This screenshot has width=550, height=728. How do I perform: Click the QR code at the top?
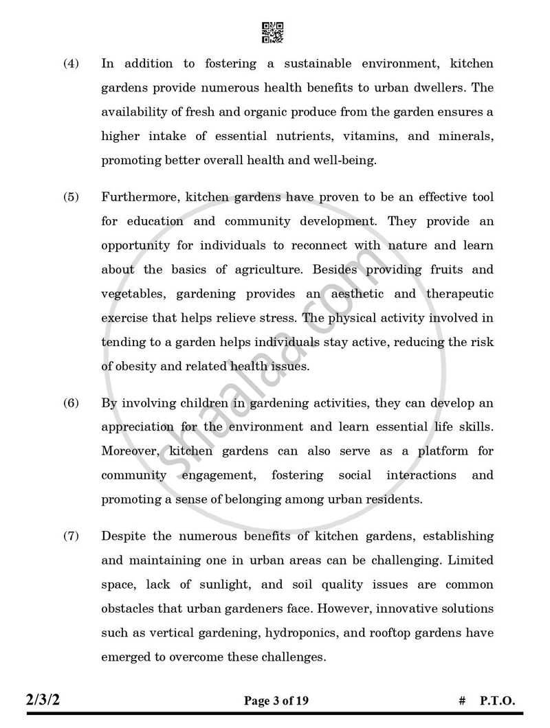point(273,32)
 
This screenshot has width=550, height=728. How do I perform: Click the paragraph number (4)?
point(71,64)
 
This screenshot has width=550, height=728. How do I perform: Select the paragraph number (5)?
point(71,197)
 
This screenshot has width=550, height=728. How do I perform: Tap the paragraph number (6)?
point(71,403)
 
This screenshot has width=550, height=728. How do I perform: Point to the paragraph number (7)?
point(71,536)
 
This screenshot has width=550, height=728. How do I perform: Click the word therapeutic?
point(460,294)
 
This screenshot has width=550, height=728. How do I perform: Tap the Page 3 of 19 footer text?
point(276,701)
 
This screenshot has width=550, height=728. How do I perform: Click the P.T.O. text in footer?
point(496,701)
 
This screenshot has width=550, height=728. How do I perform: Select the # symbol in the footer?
point(461,701)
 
